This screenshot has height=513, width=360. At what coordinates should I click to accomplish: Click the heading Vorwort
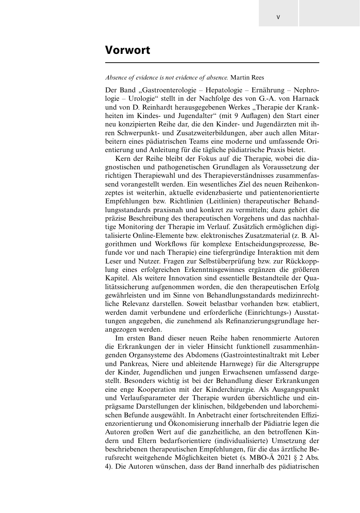tap(128, 50)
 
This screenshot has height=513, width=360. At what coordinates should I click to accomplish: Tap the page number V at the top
tap(278, 17)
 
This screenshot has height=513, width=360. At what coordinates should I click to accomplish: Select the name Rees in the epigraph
tap(257, 77)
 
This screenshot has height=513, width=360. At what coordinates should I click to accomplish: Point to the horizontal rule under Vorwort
tap(212, 63)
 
